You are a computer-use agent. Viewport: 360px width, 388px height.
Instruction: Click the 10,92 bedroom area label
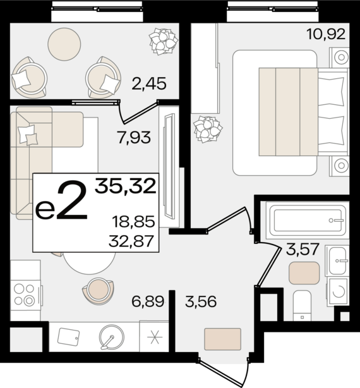pos(326,34)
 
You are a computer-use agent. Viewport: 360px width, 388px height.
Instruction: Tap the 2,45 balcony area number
pos(149,83)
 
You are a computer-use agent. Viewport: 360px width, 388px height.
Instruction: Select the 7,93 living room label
pos(134,138)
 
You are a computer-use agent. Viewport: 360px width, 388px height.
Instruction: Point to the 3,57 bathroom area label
pos(302,249)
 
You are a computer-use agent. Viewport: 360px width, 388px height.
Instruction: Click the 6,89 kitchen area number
pos(148,301)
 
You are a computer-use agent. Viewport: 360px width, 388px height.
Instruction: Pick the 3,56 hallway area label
pos(201,301)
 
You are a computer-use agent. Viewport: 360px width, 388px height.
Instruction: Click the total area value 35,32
pos(125,186)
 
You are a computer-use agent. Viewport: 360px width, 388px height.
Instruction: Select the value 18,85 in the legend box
pos(133,221)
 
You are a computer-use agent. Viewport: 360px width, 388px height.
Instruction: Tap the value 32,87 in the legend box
pos(131,241)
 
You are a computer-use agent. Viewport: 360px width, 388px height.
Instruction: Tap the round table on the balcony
pos(64,44)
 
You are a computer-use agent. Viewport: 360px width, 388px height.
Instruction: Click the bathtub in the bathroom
pos(308,221)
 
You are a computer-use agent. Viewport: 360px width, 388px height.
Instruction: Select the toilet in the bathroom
pos(302,306)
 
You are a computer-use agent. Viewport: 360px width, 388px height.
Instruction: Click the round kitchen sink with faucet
pos(112,337)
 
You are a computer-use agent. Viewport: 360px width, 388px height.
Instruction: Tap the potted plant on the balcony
pos(164,42)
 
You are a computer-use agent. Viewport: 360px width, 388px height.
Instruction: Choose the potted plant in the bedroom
pos(208,130)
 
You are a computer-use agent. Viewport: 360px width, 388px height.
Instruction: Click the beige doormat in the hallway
pos(223,339)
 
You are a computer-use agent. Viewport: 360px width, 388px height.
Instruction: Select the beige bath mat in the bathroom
pos(304,273)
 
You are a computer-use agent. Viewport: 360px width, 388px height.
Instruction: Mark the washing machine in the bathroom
pos(338,291)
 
